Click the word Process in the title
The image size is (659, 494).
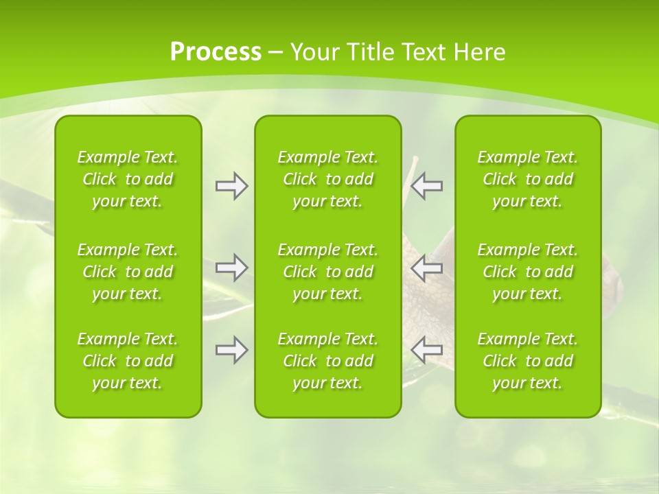[x=216, y=52]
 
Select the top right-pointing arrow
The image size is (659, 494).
[x=232, y=186]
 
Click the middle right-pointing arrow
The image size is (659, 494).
[x=232, y=267]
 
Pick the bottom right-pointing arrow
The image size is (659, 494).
[x=232, y=350]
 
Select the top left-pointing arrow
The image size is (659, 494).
[x=427, y=186]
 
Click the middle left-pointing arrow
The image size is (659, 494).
[x=427, y=267]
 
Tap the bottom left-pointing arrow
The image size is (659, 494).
[x=427, y=350]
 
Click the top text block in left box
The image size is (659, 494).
[x=128, y=179]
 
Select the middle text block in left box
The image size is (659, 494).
[x=128, y=272]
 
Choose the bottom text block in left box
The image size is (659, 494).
[x=128, y=361]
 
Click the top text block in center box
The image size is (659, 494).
[x=328, y=179]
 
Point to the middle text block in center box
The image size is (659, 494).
[x=328, y=272]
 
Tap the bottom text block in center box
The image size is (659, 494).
[x=328, y=361]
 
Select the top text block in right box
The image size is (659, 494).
[x=528, y=179]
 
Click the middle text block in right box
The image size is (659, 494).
[x=528, y=272]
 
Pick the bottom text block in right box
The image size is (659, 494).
[x=528, y=361]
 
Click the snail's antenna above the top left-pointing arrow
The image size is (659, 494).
[x=413, y=168]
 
